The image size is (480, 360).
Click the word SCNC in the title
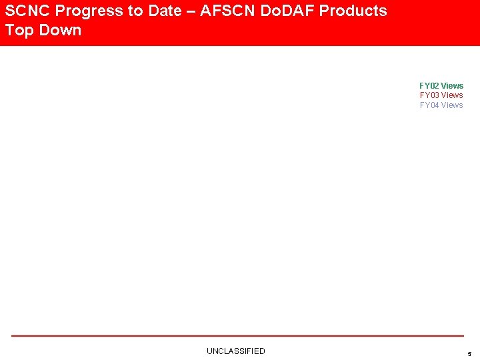[27, 11]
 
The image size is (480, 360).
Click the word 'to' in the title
[133, 11]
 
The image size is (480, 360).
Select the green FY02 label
[429, 86]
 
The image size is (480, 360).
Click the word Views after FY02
[452, 86]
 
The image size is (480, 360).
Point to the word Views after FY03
[452, 95]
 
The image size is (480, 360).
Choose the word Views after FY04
[452, 105]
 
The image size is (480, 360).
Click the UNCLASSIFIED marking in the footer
[235, 351]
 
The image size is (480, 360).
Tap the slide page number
[469, 354]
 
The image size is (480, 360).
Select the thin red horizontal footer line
[237, 336]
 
